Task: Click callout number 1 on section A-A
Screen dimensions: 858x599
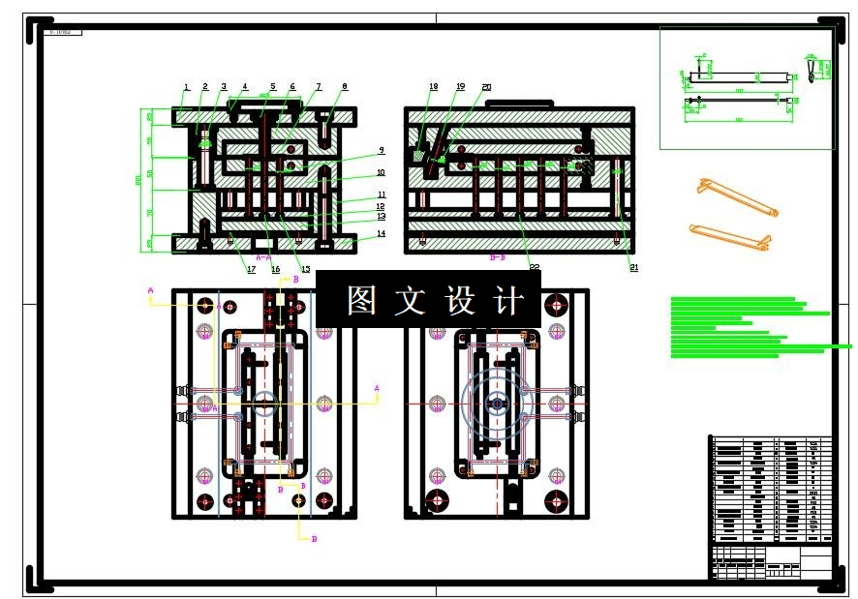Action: click(x=187, y=88)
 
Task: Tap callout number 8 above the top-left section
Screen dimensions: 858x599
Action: click(x=344, y=87)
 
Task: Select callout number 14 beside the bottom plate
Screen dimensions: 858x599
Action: click(x=382, y=234)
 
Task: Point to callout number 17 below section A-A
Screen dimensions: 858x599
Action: click(x=251, y=269)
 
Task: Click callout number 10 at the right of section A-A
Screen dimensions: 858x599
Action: click(x=382, y=173)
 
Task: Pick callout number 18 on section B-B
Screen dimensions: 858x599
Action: click(x=433, y=87)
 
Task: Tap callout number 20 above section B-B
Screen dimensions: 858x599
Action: click(x=486, y=87)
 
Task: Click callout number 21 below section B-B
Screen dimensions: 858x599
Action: click(x=634, y=268)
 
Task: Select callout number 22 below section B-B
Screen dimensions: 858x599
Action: click(x=534, y=268)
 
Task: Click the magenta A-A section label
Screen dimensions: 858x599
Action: click(x=263, y=258)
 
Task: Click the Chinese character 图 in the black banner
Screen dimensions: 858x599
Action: click(x=361, y=300)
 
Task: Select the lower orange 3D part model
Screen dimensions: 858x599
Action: click(x=729, y=236)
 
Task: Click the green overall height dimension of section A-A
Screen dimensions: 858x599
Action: click(x=138, y=180)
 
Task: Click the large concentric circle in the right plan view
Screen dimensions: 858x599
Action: click(x=497, y=402)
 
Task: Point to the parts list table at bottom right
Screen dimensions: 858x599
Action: click(x=771, y=489)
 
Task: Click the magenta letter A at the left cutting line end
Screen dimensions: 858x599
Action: click(x=150, y=289)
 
